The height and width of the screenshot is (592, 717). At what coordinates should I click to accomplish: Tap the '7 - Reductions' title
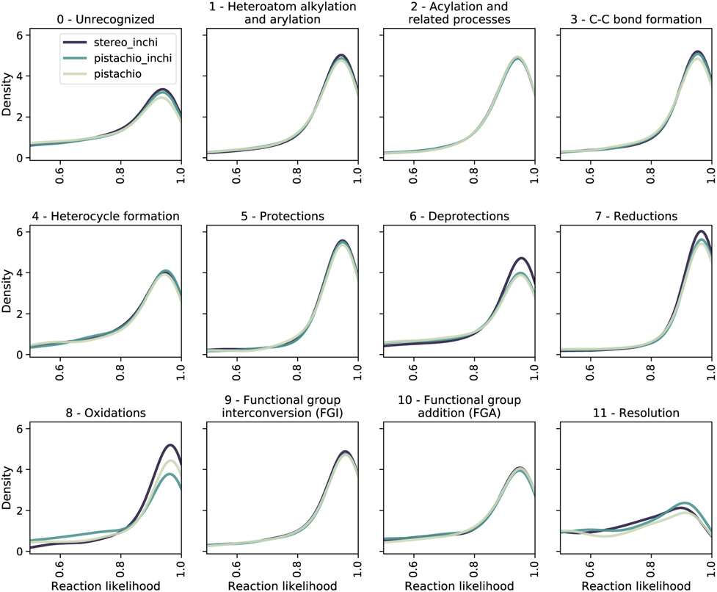(635, 216)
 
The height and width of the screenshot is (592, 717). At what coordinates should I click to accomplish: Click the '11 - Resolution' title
(635, 413)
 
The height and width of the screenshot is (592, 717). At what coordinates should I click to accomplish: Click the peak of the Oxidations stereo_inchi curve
(170, 445)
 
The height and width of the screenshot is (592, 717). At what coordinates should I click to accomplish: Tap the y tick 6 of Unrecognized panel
(21, 35)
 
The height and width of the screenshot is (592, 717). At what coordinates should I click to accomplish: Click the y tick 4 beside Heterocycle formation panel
(21, 273)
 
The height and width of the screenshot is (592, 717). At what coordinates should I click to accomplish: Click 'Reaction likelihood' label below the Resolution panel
(636, 585)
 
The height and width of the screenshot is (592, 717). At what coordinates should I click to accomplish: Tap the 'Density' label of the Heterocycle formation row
(7, 294)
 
